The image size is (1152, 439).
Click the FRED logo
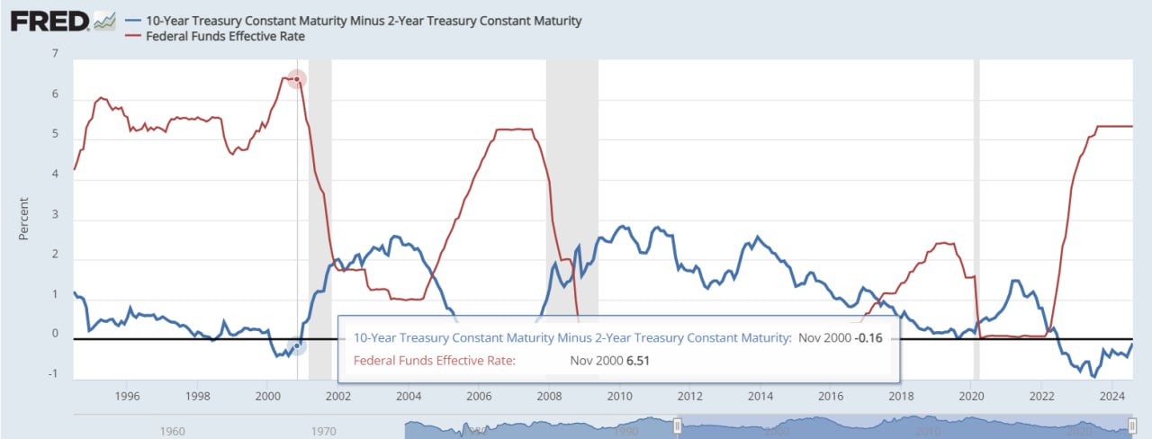click(49, 21)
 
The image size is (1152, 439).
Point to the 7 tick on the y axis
click(55, 54)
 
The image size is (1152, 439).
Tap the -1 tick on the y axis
click(53, 374)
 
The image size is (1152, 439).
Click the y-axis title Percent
click(24, 219)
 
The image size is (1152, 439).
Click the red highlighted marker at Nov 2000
click(297, 79)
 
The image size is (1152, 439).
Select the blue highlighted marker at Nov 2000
click(297, 345)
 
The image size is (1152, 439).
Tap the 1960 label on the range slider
click(173, 431)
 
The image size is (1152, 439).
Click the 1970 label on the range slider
click(324, 431)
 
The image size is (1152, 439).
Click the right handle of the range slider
click(1132, 425)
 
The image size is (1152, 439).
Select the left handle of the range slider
click(678, 425)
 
